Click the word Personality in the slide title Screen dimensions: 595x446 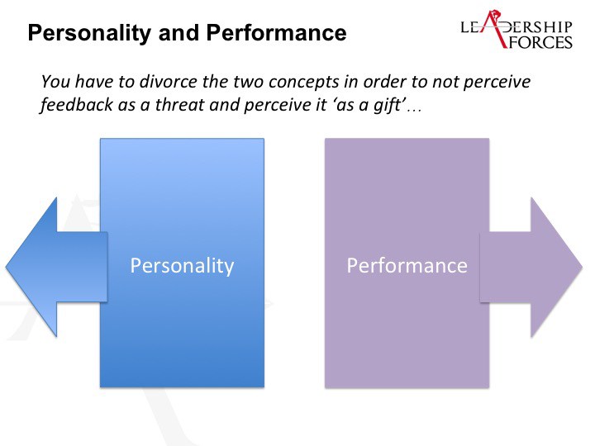[89, 33]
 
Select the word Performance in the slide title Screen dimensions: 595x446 [276, 33]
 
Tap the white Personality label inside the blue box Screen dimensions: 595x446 [182, 266]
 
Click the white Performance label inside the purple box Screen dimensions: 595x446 [407, 265]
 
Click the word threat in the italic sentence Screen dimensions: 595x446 [180, 105]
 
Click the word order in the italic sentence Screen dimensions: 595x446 [383, 82]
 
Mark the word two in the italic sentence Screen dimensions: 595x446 [248, 83]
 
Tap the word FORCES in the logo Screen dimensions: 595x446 [540, 42]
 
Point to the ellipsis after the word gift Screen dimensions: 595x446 [414, 110]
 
